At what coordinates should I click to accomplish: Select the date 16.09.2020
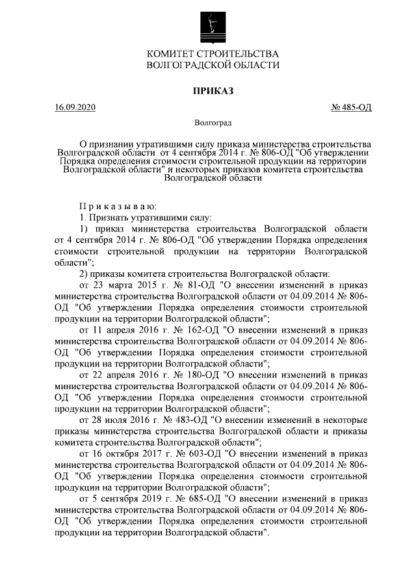click(x=75, y=107)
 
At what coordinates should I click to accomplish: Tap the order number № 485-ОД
click(x=352, y=107)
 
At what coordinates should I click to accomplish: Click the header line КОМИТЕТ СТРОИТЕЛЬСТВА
click(x=213, y=53)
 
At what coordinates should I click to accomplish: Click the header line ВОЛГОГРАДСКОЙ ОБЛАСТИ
click(x=213, y=65)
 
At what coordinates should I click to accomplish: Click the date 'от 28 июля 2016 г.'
click(x=117, y=420)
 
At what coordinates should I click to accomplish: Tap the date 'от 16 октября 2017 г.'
click(x=123, y=454)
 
